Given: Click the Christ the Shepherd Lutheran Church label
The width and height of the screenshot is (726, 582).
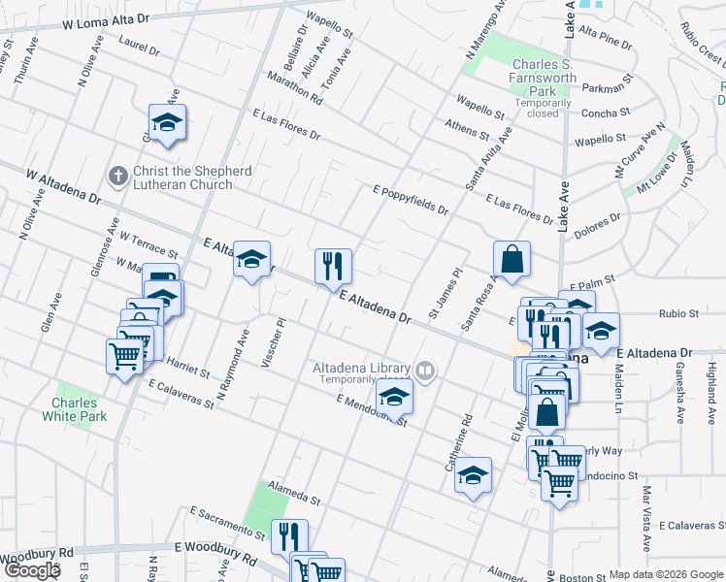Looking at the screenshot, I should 192,178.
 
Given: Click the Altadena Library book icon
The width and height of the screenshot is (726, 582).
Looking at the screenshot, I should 424,371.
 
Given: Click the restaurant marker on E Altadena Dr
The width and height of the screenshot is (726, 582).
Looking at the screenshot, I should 333,265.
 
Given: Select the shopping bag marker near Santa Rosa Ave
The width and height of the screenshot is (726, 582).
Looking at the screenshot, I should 511,260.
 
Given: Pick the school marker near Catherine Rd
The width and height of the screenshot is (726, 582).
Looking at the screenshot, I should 473,475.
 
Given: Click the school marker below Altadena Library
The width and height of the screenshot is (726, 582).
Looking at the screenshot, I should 394,398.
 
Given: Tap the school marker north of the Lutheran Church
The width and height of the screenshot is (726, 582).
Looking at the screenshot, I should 167,122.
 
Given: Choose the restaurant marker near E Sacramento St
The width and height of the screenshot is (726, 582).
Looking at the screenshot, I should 288,536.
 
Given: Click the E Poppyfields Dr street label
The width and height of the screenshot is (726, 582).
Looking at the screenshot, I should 410,198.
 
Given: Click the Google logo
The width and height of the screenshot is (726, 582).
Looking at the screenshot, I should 31,570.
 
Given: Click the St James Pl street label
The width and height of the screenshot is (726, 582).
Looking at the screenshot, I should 445,299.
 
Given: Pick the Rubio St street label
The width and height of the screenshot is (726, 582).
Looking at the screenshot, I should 678,314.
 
